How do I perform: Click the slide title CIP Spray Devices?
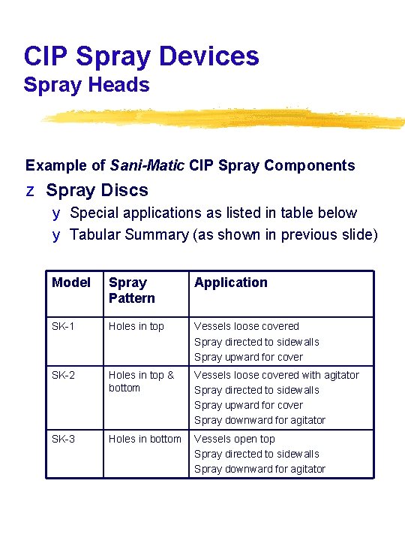pos(142,56)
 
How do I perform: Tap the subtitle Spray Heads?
pos(86,86)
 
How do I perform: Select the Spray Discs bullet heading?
pos(97,191)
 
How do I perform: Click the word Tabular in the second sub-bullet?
pos(94,234)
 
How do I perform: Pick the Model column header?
pos(71,283)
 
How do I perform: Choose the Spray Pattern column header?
pos(132,290)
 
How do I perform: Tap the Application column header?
pos(231,283)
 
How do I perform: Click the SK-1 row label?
pos(64,326)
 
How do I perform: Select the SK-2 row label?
pos(64,375)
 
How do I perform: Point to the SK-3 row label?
pos(64,439)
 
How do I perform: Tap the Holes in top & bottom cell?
pos(141,381)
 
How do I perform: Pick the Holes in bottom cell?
pos(145,439)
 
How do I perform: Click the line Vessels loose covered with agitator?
pos(277,375)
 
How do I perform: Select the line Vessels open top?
pos(235,439)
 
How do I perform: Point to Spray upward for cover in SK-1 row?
pos(249,357)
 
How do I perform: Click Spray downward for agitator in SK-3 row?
pos(259,469)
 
